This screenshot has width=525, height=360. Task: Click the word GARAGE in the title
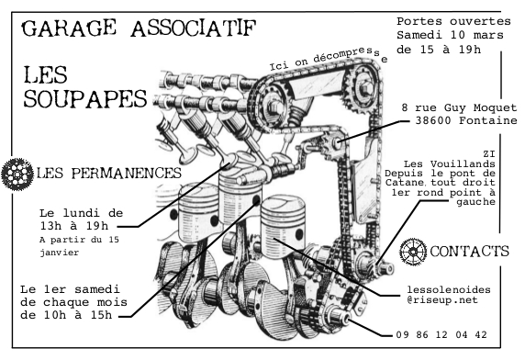pyautogui.click(x=69, y=28)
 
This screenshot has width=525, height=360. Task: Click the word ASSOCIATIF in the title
pyautogui.click(x=194, y=28)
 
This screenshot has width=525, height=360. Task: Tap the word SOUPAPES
pyautogui.click(x=85, y=99)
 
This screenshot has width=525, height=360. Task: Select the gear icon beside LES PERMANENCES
pyautogui.click(x=17, y=174)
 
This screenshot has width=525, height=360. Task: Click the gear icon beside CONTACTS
pyautogui.click(x=413, y=252)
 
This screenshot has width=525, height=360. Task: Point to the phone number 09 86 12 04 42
pyautogui.click(x=441, y=334)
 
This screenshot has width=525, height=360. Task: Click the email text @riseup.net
pyautogui.click(x=442, y=299)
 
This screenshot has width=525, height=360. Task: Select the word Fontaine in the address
pyautogui.click(x=488, y=120)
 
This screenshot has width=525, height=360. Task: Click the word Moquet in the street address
pyautogui.click(x=496, y=107)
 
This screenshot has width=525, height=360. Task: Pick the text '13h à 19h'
pyautogui.click(x=74, y=226)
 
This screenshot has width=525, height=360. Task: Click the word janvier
pyautogui.click(x=60, y=253)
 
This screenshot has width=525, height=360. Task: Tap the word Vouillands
pyautogui.click(x=463, y=164)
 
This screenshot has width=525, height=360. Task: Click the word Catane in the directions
pyautogui.click(x=405, y=183)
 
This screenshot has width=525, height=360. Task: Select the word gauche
pyautogui.click(x=475, y=202)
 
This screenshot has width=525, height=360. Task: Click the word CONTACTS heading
pyautogui.click(x=469, y=252)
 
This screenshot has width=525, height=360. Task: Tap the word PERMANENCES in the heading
pyautogui.click(x=126, y=174)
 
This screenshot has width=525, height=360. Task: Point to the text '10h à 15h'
pyautogui.click(x=78, y=315)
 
